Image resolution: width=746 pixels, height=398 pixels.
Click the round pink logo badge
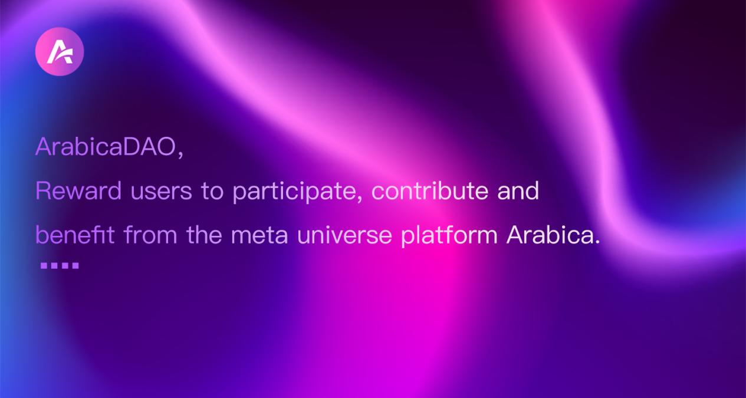tap(60, 52)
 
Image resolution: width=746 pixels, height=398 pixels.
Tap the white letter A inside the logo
tap(60, 52)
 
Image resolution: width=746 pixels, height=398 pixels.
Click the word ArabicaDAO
tap(106, 147)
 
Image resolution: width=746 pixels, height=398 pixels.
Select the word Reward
tap(78, 190)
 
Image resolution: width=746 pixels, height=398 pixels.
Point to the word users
tap(161, 192)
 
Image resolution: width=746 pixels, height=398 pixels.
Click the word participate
tap(294, 192)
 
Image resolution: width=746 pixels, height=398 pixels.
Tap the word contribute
tap(430, 190)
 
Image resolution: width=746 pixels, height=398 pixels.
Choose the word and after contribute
tap(518, 190)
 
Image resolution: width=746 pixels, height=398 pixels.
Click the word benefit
tap(75, 235)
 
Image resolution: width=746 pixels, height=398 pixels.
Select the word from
tap(150, 235)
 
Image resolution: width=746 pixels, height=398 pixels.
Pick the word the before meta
tap(204, 235)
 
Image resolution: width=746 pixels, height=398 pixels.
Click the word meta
tap(259, 236)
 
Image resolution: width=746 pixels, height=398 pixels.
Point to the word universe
tap(344, 235)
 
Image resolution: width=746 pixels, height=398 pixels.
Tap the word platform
tap(449, 235)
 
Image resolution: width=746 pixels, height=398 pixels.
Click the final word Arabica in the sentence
tap(550, 235)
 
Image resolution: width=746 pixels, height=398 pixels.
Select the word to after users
tap(212, 192)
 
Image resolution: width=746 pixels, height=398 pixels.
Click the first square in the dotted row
tap(44, 265)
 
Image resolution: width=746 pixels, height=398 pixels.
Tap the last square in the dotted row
tap(75, 265)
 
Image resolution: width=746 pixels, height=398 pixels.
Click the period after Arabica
tap(597, 242)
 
